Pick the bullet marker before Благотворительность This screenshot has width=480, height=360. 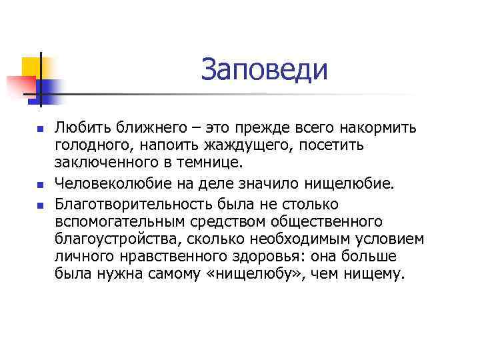(x=40, y=203)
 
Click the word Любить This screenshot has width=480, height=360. (x=78, y=127)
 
